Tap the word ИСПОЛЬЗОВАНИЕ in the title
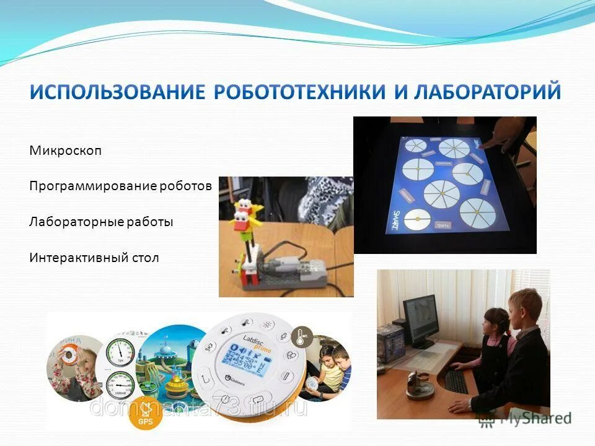(x=117, y=92)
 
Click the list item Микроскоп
(x=65, y=151)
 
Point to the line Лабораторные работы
(x=101, y=222)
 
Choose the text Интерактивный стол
(x=94, y=258)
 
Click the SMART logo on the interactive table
(x=394, y=220)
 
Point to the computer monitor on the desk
(x=420, y=320)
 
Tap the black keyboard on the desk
(x=456, y=382)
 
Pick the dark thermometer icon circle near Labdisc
(x=301, y=334)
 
